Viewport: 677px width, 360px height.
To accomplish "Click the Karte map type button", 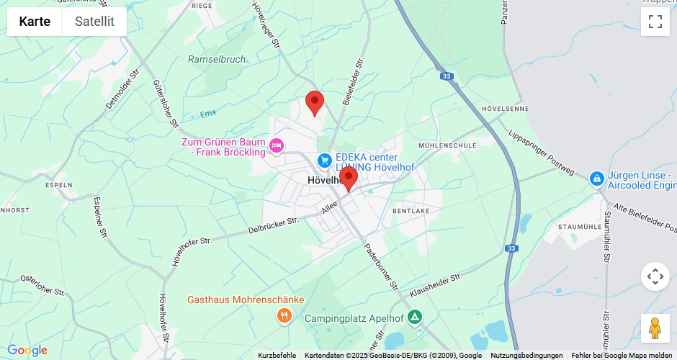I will (35, 22).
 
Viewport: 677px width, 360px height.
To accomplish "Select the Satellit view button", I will (94, 22).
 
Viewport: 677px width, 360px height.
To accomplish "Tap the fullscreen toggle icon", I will (655, 22).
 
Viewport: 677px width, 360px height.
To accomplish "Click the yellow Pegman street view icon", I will (655, 328).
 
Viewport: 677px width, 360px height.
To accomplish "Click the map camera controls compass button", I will (655, 276).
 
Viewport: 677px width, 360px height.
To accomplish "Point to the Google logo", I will (27, 351).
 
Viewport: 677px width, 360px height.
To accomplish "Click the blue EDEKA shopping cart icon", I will (325, 160).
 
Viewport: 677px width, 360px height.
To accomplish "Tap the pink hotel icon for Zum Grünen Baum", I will (276, 148).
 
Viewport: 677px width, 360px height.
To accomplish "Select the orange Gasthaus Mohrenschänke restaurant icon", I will (285, 315).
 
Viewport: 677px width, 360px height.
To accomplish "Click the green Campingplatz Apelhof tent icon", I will (414, 317).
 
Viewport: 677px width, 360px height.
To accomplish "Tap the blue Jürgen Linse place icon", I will (596, 178).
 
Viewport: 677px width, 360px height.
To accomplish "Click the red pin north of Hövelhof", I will (315, 103).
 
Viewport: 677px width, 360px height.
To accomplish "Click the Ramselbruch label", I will (217, 60).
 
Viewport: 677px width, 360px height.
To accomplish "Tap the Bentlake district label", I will (411, 211).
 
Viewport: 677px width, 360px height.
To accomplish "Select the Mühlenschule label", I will (447, 145).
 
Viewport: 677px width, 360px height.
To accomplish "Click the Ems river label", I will (208, 113).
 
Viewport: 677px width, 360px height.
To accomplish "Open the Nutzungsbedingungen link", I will (526, 355).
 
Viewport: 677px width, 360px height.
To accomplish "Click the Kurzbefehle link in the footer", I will (277, 355).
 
